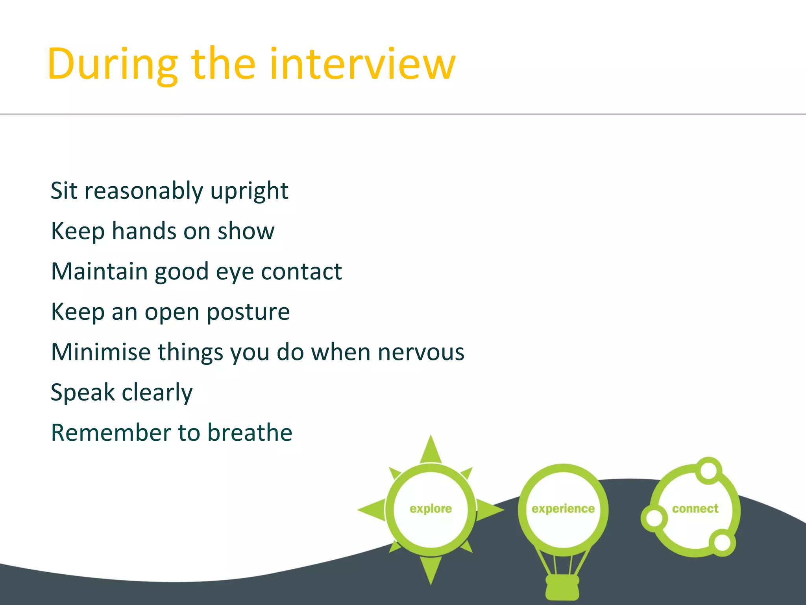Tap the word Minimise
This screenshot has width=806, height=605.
(x=101, y=352)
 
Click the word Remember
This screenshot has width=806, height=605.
(x=111, y=432)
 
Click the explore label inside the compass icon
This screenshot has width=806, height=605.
(x=431, y=509)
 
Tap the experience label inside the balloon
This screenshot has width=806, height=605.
(x=563, y=509)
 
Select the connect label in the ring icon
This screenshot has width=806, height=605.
(x=695, y=509)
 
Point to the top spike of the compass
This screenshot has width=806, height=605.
(x=431, y=449)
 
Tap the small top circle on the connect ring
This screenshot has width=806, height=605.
(x=708, y=470)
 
